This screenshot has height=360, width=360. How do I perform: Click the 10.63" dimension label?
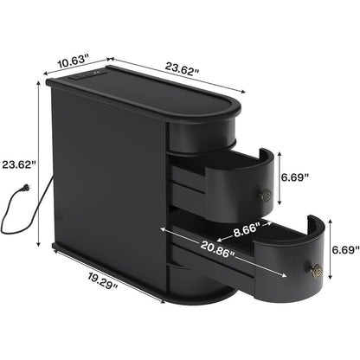point(73,61)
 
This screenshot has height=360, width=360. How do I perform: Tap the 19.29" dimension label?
point(102,280)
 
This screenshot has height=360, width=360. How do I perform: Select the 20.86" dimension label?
point(217,249)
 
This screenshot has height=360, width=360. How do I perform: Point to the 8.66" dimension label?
point(245,230)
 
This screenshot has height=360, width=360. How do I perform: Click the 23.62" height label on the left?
point(19,164)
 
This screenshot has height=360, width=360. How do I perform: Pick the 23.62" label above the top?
point(183,69)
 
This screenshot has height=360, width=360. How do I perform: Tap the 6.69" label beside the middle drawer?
point(295,177)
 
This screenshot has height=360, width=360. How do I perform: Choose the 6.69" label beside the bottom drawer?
point(345,249)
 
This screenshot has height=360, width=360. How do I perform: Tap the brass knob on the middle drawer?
point(267,196)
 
